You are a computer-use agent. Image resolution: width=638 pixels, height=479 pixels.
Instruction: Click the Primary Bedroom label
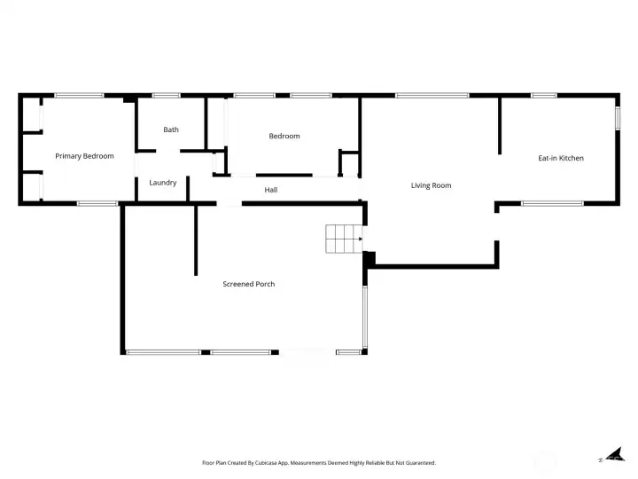click(x=84, y=156)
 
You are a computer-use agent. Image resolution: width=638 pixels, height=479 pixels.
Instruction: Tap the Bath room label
click(x=171, y=130)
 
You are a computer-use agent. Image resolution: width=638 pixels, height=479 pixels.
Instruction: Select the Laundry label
click(x=163, y=183)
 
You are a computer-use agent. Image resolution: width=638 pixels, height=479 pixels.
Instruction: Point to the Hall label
click(x=271, y=190)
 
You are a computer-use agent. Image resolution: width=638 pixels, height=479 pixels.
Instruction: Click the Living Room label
click(x=432, y=185)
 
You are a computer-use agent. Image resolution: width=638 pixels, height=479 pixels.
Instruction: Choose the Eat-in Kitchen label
click(x=561, y=158)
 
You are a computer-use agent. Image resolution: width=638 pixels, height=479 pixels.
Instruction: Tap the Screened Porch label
click(x=248, y=284)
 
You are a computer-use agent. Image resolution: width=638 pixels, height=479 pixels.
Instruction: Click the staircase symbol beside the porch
click(x=343, y=239)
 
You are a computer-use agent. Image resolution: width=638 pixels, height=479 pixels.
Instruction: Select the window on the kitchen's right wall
click(x=618, y=119)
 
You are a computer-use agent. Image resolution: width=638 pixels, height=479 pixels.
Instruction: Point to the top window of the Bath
click(x=166, y=95)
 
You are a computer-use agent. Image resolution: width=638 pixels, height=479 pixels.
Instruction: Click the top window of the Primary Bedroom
click(x=79, y=95)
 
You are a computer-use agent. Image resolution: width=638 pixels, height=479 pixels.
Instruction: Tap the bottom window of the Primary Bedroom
click(x=97, y=204)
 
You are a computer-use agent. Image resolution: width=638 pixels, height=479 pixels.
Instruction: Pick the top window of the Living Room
click(x=420, y=95)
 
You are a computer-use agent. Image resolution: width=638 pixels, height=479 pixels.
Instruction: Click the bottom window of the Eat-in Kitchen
click(x=551, y=204)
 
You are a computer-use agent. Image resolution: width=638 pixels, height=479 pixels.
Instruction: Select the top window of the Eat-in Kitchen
click(x=543, y=95)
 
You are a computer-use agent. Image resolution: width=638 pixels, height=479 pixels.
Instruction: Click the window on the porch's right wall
click(x=364, y=314)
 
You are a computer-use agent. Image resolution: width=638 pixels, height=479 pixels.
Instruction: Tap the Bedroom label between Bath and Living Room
click(x=284, y=136)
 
